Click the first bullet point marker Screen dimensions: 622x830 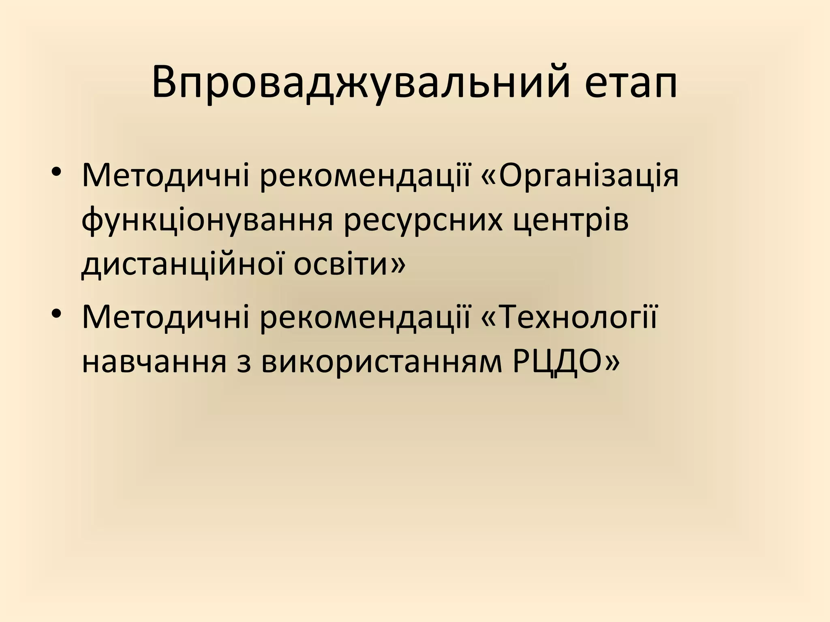57,172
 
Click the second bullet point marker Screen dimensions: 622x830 57,314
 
